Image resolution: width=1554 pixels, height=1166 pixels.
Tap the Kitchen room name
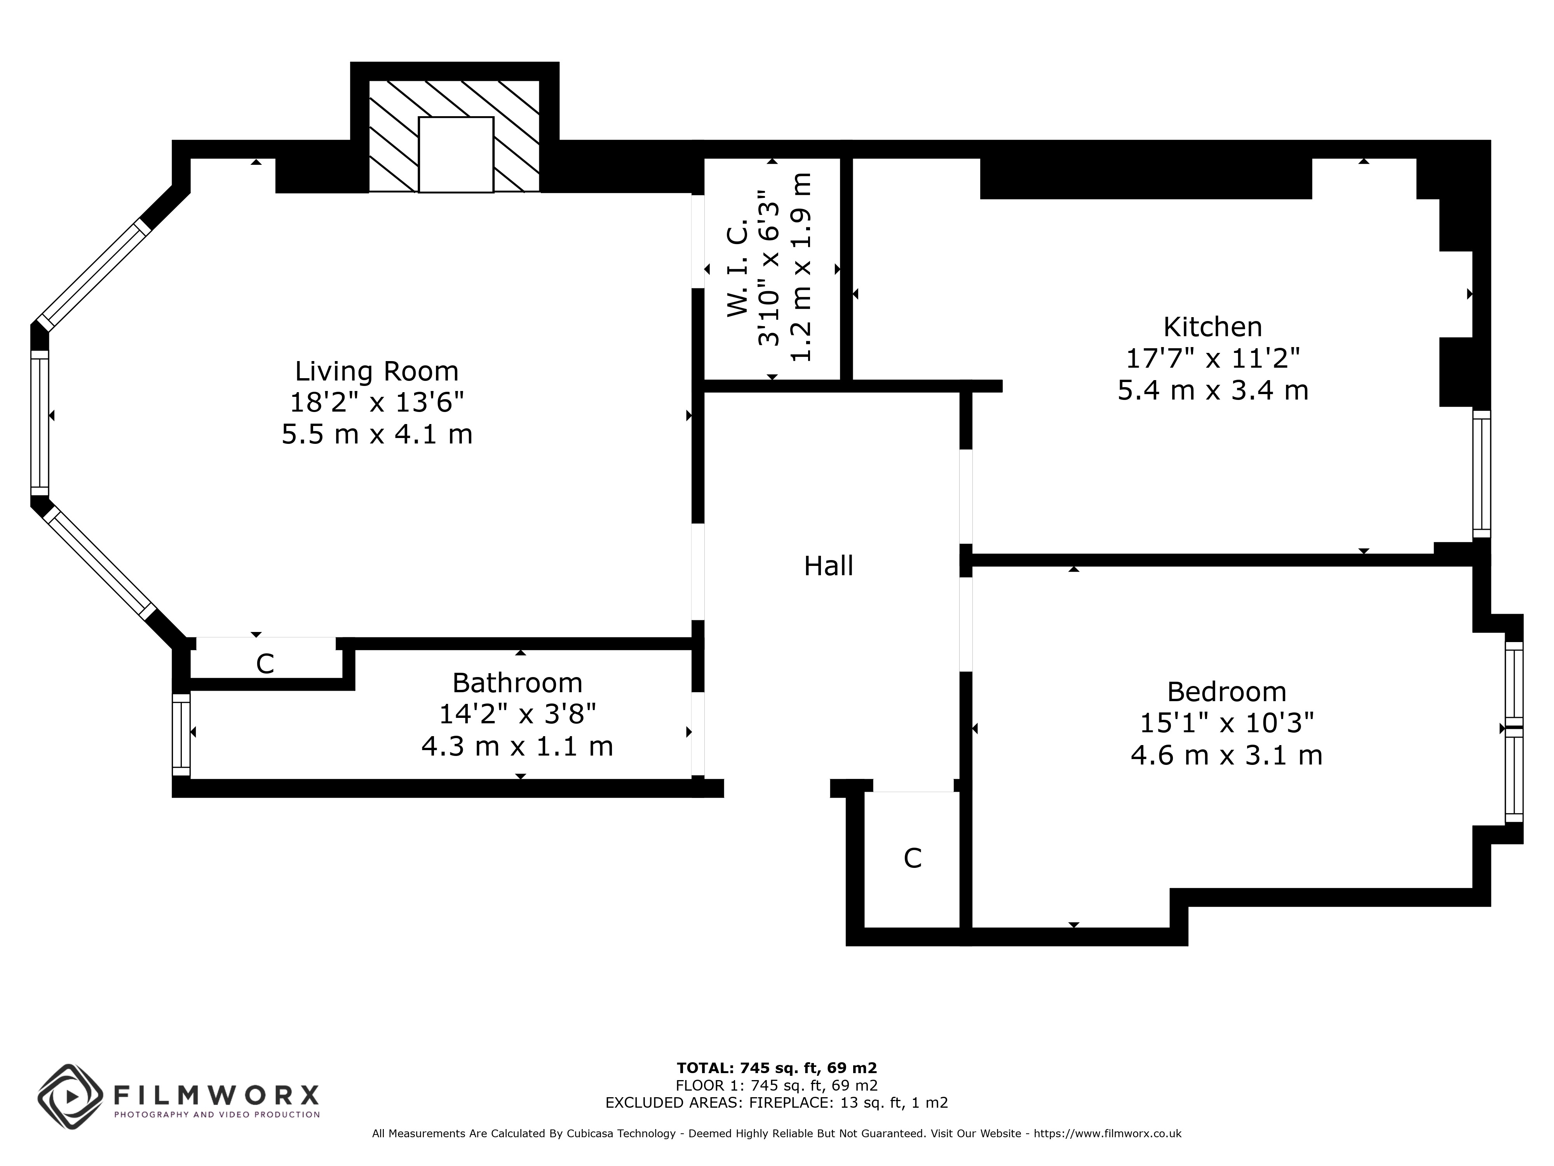(x=1213, y=327)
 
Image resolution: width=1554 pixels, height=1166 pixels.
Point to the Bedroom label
(x=1226, y=692)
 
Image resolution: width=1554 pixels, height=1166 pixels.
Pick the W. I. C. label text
(x=737, y=266)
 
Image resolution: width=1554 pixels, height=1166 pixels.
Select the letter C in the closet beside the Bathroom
(x=265, y=663)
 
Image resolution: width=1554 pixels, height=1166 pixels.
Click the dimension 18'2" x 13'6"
(x=377, y=403)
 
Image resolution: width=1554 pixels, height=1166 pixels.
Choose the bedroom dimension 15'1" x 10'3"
(x=1226, y=723)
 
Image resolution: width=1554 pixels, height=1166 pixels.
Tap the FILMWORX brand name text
(x=216, y=1095)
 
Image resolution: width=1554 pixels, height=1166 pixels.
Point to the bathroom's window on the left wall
(x=181, y=735)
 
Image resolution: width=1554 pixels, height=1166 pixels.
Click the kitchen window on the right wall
(x=1482, y=475)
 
